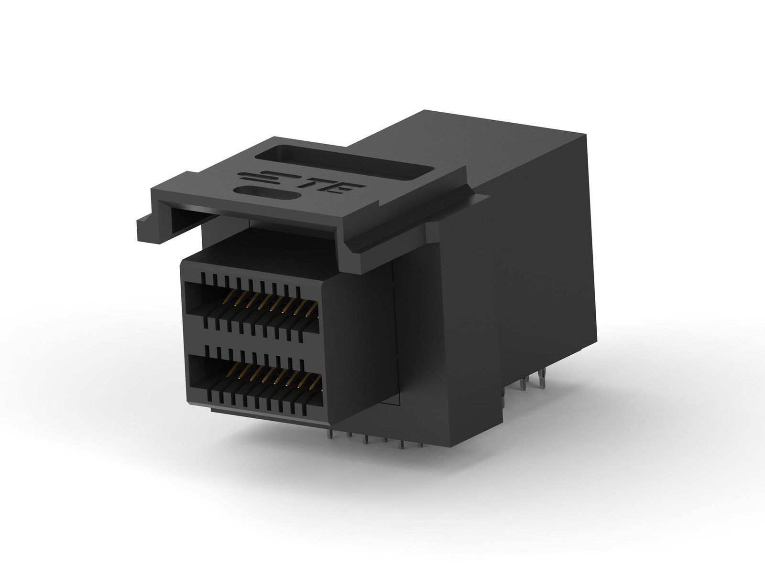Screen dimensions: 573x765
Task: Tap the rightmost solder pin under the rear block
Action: point(543,380)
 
